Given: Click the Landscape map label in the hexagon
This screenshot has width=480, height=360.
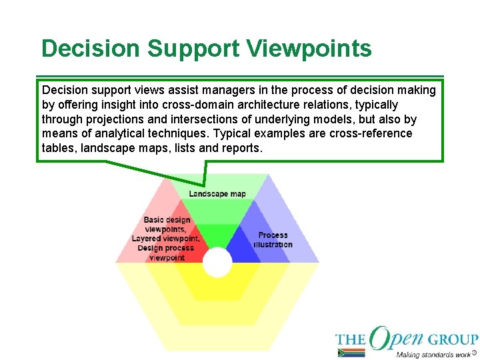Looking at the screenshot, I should pos(217,194).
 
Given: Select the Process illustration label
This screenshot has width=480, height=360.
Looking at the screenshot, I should pos(273,239).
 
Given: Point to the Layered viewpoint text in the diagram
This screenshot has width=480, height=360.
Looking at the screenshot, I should pos(165,239).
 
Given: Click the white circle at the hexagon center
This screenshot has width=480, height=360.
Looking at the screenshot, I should pos(217,263).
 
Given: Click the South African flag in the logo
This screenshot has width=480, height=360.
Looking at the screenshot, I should pos(351,353).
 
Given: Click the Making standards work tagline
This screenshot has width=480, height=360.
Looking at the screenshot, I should pos(433,354).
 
